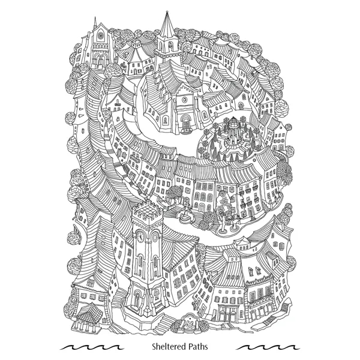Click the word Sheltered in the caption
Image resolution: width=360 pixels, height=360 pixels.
(169, 346)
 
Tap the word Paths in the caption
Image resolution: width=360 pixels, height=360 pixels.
(198, 346)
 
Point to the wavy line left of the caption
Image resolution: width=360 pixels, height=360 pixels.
(92, 347)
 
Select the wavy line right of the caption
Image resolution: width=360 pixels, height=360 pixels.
(268, 347)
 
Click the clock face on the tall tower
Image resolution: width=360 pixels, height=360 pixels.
(140, 236)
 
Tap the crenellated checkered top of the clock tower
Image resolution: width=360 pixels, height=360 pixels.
(147, 211)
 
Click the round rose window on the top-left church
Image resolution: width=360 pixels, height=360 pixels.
(100, 35)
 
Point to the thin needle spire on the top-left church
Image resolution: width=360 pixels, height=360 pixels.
(94, 23)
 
